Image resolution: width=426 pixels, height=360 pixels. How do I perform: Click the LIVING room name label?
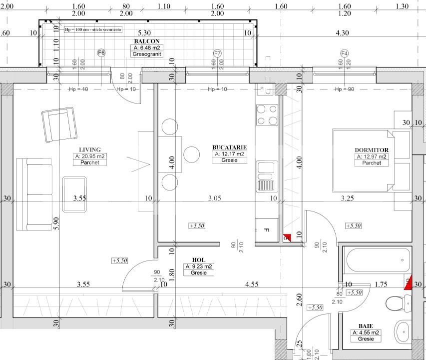pos(90,149)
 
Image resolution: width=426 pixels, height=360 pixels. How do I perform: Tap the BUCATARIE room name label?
pos(230,147)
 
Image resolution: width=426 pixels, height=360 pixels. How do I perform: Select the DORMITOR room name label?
pos(371,150)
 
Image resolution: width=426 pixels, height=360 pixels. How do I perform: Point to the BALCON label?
pos(143,41)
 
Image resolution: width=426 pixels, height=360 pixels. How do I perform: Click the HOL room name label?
pos(198,260)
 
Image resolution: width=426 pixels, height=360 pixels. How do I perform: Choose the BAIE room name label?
pos(366,326)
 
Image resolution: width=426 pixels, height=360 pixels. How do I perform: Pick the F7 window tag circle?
pos(217,52)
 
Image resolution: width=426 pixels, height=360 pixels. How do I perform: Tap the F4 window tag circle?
pos(344,53)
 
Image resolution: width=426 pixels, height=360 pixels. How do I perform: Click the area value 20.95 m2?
pos(90,156)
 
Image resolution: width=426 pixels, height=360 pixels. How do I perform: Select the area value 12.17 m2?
pos(230,154)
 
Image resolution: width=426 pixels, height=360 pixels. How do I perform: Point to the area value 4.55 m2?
pos(366,332)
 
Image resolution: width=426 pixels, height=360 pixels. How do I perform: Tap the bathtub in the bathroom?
pos(378,259)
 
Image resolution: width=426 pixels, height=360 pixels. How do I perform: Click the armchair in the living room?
pos(59,125)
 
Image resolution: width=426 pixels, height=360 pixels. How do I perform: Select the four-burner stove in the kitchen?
pos(267,114)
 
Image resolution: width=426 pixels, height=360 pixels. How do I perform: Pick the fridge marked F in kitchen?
pos(267,230)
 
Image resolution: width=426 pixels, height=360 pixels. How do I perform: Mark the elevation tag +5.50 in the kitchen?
pos(197,226)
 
